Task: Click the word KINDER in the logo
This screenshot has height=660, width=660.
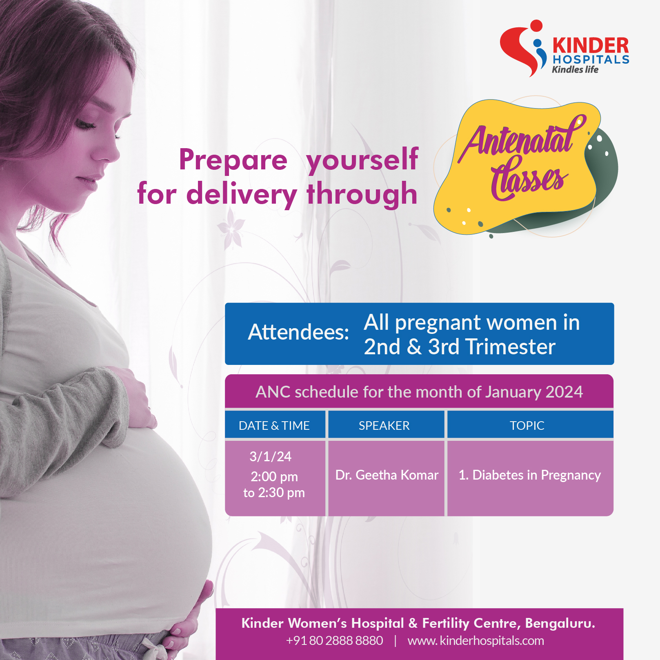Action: point(591,45)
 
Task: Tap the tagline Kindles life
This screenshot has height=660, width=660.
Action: point(575,69)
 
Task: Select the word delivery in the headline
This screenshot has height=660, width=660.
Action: point(242,195)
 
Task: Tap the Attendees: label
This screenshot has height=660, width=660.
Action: point(298,332)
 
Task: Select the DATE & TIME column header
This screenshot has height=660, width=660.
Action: point(274,426)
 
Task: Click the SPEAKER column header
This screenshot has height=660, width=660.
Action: point(384,426)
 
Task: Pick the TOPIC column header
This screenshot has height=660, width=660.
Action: point(527,426)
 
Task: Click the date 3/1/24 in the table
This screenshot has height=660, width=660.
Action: point(271,456)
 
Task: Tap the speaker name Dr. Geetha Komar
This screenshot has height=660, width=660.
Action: point(387,475)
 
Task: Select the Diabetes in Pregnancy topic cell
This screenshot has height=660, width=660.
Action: point(530,476)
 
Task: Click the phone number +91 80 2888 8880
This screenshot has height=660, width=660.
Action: point(335,640)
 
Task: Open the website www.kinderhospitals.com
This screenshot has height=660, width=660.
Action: point(476,640)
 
